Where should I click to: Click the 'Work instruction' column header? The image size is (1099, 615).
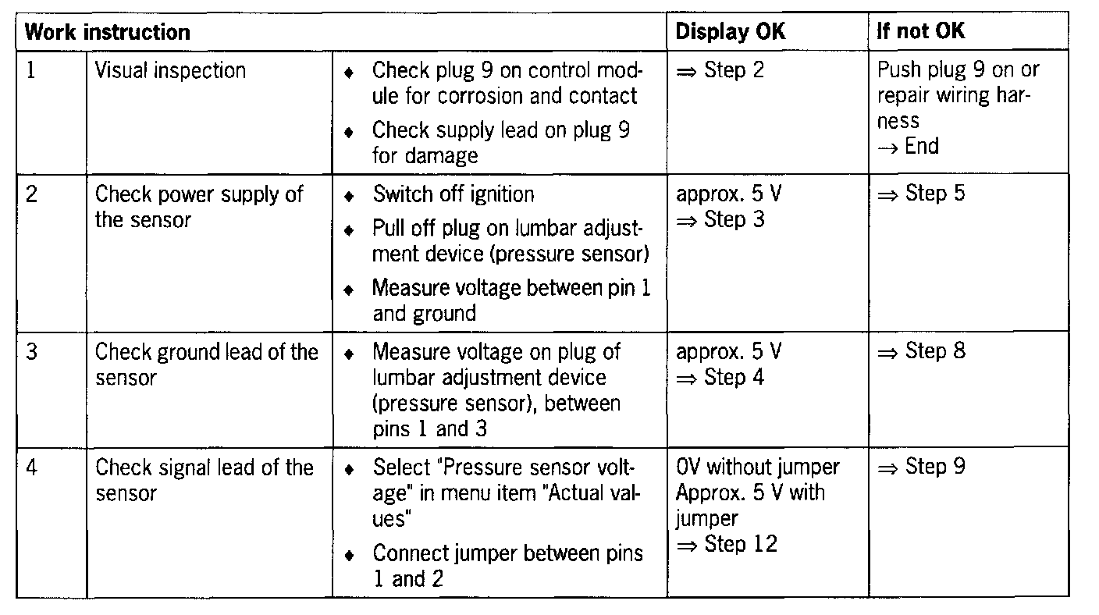pos(108,33)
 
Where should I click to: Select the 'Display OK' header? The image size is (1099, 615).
pos(730,32)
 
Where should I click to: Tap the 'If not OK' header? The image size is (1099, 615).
pos(921,32)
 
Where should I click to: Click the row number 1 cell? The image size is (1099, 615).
pos(31,70)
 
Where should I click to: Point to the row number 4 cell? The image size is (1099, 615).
pos(31,467)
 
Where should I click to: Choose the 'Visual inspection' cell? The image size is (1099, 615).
pos(170,70)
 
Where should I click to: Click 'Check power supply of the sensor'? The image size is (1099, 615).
pos(199,207)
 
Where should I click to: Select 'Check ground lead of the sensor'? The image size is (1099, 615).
pos(206,364)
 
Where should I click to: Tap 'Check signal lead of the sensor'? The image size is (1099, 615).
pos(204,480)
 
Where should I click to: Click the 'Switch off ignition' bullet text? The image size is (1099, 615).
pos(453,194)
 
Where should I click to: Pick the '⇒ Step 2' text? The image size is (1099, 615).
pos(720,70)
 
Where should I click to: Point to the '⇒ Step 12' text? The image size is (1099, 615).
pos(727,544)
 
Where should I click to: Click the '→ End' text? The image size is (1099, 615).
pos(908,147)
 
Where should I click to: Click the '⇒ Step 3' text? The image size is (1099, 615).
pos(720,220)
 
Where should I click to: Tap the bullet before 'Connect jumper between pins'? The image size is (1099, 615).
pos(350,556)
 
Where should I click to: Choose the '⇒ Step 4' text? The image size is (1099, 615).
pos(720,378)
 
